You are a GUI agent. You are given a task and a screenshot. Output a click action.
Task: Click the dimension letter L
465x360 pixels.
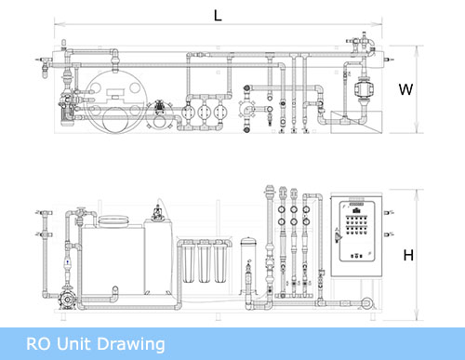tap(218, 16)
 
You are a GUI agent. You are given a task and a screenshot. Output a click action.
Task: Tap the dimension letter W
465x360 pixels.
tap(405, 89)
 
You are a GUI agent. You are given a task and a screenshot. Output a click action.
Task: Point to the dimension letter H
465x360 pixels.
tap(408, 255)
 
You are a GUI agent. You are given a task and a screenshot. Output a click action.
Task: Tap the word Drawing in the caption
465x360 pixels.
tap(132, 345)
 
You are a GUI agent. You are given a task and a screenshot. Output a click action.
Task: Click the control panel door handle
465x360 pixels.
tap(339, 236)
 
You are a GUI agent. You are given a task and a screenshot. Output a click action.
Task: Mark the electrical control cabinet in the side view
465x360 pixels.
tap(356, 234)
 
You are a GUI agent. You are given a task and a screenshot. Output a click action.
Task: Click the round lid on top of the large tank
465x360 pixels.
tap(113, 220)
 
